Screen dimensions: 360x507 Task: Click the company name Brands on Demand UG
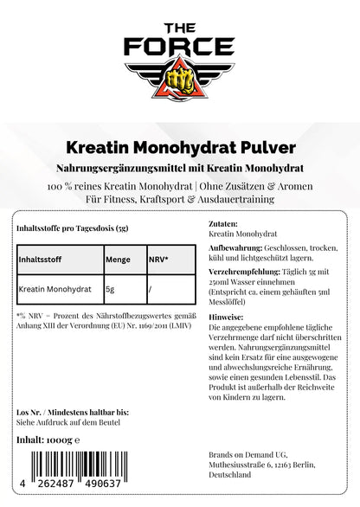[252, 454]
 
